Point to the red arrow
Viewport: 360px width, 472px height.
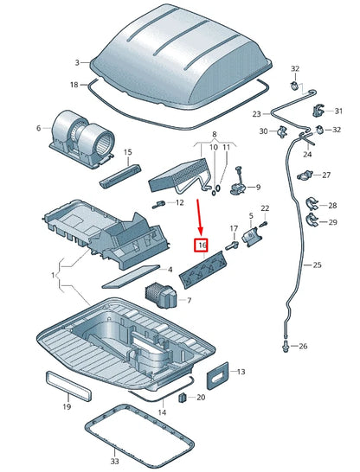198,217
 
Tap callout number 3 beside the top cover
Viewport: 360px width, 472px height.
77,63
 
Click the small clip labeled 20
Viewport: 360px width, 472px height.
183,398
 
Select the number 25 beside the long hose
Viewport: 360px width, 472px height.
316,265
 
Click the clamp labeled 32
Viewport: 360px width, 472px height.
294,86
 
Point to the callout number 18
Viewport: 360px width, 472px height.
74,84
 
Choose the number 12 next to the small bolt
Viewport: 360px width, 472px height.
179,203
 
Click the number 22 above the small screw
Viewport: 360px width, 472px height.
265,209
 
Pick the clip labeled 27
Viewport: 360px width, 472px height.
304,175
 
